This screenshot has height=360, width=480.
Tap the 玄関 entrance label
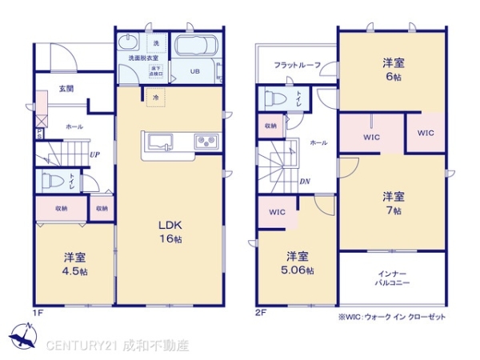pos(66,88)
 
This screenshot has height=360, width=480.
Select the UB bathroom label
pos(194,70)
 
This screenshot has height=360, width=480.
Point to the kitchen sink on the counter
pos(161,142)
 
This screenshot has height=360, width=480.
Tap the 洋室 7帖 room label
pos(391,202)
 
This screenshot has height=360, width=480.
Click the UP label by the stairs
pos(94,154)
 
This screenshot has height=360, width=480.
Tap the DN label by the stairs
pos(305,181)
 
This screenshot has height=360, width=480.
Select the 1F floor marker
pos(38,311)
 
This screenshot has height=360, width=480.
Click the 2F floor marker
pos(260,311)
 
